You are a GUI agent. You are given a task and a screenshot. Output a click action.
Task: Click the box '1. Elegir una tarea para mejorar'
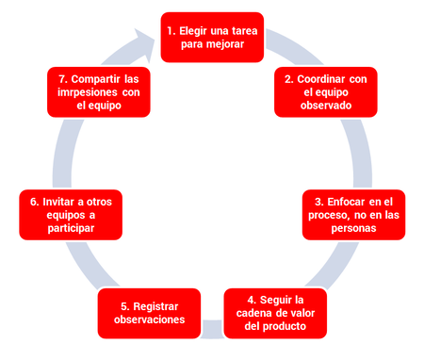coord(211,37)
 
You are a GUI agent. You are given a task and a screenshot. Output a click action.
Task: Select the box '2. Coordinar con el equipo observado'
coord(325,92)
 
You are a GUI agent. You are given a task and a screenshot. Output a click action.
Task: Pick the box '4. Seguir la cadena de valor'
coord(276,313)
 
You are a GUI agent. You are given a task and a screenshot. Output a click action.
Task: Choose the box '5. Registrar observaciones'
coord(149,313)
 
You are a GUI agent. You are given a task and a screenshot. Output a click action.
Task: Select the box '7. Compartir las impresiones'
coord(99,92)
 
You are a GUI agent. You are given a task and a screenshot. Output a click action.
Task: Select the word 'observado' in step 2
coord(325,106)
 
